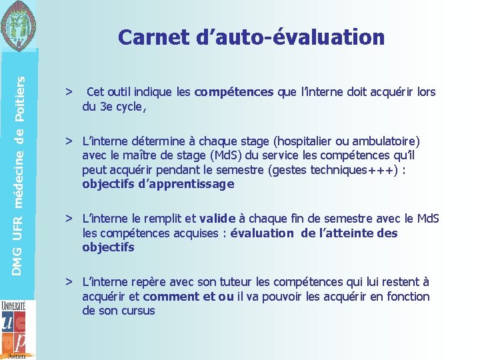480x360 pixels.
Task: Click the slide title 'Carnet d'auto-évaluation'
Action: click(x=251, y=37)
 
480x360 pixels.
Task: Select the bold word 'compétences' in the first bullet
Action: click(x=234, y=92)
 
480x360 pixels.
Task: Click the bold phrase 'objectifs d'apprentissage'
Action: click(x=158, y=185)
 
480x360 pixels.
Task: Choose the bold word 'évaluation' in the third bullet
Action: click(x=261, y=233)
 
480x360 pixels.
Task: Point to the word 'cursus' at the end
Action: click(x=137, y=311)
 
